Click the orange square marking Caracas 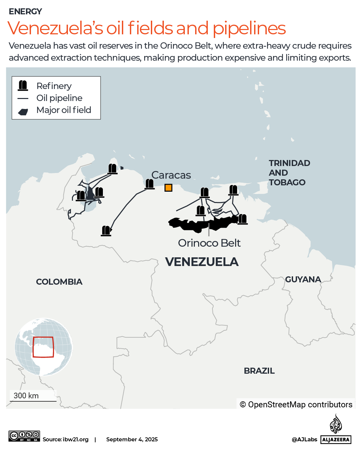[169, 188]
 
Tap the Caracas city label [171, 175]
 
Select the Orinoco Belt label [209, 243]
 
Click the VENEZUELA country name [202, 262]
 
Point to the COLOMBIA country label [59, 282]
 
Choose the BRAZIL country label [259, 371]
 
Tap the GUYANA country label [303, 279]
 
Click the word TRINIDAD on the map [289, 163]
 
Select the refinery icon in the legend [23, 86]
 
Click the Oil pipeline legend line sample [23, 98]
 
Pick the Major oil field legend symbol [23, 112]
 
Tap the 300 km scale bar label [26, 396]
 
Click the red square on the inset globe [43, 347]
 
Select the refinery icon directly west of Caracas [150, 184]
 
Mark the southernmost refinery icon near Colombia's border [106, 231]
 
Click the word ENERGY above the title [25, 12]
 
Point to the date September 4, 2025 [132, 439]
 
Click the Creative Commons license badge [24, 436]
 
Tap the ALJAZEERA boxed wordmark [336, 440]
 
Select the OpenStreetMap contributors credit [296, 404]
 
